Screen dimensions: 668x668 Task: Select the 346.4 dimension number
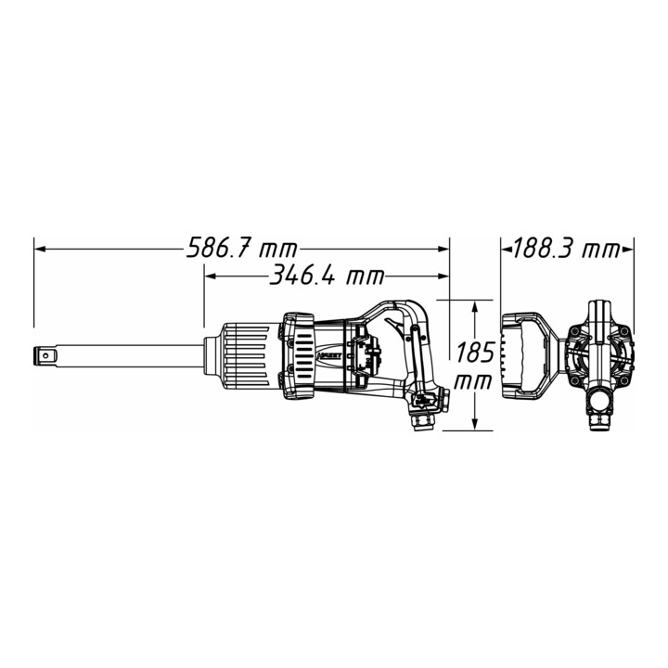pos(302,276)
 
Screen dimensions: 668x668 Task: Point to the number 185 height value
pos(475,352)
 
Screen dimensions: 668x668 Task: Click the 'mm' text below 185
pos(473,381)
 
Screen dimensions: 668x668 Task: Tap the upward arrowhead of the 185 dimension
pos(474,305)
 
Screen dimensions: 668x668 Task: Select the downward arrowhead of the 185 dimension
pos(474,424)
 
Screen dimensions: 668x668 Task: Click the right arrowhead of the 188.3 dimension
pos(628,250)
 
